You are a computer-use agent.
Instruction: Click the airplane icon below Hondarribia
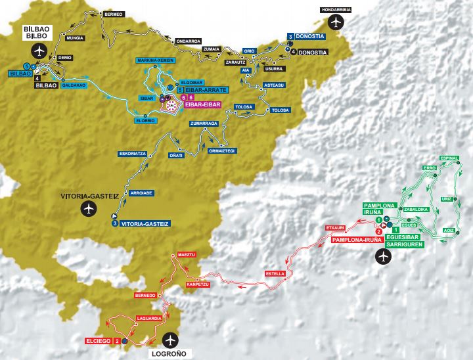coord(337,24)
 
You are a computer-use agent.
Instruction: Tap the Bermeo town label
coord(114,14)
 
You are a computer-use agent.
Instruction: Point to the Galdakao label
coord(72,85)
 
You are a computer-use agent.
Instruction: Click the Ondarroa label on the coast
coord(188,41)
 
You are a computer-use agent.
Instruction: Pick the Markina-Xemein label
coord(155,60)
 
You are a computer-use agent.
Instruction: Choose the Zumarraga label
coord(200,123)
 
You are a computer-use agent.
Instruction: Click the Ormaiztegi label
coord(221,150)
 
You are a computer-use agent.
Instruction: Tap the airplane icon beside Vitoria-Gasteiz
coord(89,209)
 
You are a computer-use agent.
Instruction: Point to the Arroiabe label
coord(142,193)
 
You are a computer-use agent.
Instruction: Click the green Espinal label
coord(449,158)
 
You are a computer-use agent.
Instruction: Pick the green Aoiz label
coord(449,230)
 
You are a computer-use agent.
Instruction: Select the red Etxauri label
coord(335,228)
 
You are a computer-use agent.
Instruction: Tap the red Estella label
coord(274,273)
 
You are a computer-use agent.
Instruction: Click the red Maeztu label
coord(183,254)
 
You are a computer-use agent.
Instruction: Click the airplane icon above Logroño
coord(171,340)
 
